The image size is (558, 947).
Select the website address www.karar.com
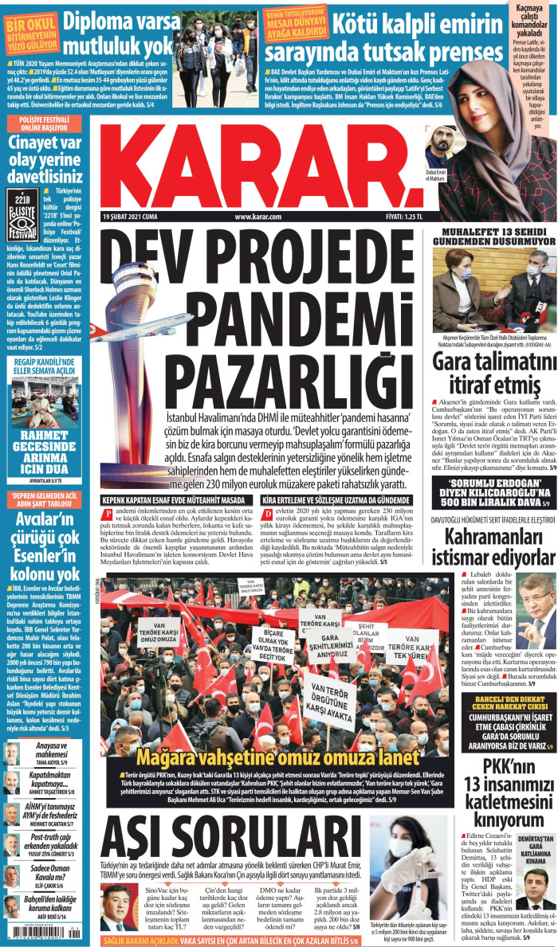259,216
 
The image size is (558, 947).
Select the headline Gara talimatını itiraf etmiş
494,374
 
